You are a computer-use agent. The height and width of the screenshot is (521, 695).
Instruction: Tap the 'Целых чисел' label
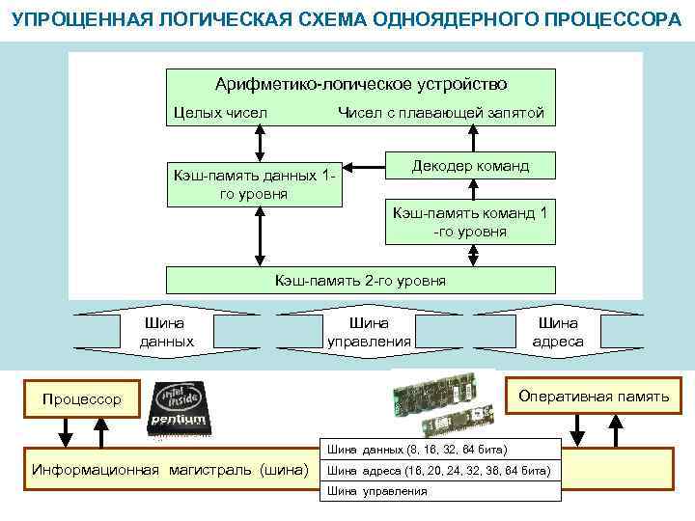(x=220, y=113)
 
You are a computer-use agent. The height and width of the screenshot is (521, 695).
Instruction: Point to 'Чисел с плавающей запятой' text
(x=440, y=113)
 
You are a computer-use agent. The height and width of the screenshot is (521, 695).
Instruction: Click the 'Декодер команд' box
(x=470, y=166)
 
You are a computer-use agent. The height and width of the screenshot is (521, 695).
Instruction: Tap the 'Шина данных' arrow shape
(x=166, y=332)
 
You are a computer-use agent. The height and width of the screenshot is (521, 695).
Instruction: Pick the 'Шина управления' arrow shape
(x=369, y=332)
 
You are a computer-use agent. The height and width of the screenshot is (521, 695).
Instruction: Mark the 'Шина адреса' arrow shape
(x=557, y=332)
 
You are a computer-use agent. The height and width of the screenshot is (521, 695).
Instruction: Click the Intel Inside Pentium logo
(x=179, y=409)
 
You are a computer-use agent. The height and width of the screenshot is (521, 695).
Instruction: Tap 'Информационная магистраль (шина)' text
(x=170, y=471)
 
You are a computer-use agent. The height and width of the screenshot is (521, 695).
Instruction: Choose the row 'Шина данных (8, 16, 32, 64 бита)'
(x=440, y=450)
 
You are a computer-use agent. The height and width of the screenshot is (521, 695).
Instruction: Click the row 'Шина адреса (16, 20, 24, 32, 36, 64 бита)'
(x=440, y=471)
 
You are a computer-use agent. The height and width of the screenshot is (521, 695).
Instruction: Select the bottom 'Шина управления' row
(x=440, y=491)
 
